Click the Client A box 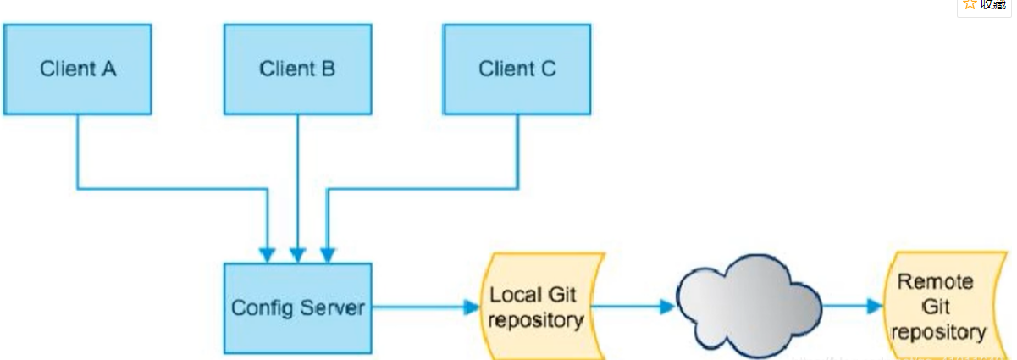[77, 69]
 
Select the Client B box [297, 69]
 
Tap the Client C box [517, 69]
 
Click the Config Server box [297, 307]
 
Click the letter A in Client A [108, 69]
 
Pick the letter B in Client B [328, 69]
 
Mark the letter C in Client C [548, 69]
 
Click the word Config [259, 307]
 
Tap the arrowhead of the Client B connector [297, 254]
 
